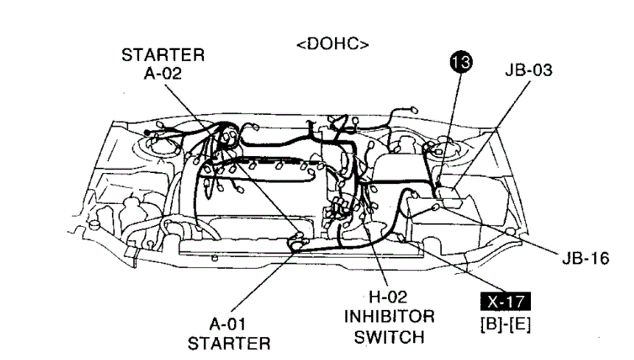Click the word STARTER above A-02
[163, 55]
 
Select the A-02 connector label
[163, 72]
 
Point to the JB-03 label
[528, 71]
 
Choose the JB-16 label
[585, 260]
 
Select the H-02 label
[386, 301]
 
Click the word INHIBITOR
[387, 319]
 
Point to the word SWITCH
[387, 337]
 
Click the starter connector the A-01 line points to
[297, 239]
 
